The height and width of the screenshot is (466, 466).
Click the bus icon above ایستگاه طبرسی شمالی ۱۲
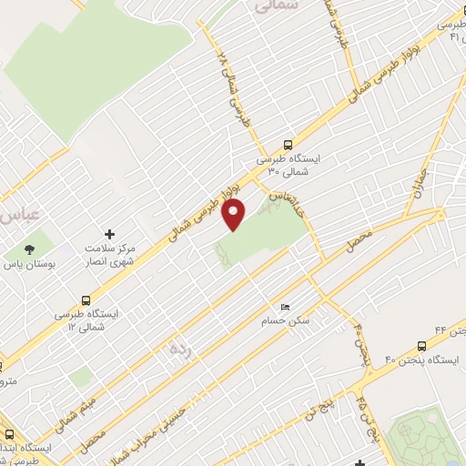point(86,299)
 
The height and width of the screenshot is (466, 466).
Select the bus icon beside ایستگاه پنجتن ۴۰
point(420,346)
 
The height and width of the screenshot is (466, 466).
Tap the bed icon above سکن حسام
point(285,308)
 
